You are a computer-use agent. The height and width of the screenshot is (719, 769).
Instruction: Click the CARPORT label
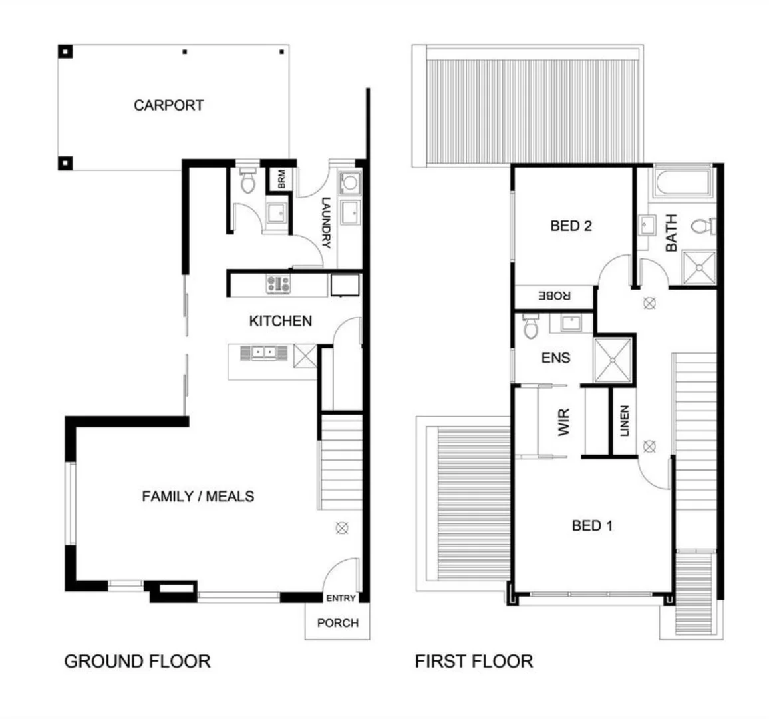pos(168,105)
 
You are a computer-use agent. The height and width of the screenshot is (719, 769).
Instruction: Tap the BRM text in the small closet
pos(281,178)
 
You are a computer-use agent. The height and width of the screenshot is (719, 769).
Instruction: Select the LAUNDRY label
pos(326,223)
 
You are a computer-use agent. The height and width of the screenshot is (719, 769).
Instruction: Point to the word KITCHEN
pos(280,321)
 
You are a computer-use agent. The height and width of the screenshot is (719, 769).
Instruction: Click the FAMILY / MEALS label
pos(198,496)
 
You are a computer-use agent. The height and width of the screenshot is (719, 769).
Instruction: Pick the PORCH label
pos(337,623)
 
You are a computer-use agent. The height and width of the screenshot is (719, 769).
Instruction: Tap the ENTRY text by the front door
pos(341,599)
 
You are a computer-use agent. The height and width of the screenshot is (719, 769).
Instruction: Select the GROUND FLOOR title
pos(137,661)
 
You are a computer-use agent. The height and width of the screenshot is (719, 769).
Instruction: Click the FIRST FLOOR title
pos(474,661)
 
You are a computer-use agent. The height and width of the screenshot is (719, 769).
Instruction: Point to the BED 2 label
pos(571,226)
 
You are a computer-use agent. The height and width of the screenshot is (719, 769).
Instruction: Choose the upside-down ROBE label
pos(555,295)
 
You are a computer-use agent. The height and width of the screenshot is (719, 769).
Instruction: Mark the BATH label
pos(671,233)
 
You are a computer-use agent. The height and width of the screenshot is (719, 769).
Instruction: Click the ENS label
pos(555,358)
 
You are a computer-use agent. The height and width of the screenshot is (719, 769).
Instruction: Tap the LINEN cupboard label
pos(624,421)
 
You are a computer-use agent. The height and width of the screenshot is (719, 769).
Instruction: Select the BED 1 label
pos(592,526)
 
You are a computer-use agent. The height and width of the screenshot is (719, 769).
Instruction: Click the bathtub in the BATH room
pos(683,184)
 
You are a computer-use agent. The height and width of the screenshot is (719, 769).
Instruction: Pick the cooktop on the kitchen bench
pos(279,284)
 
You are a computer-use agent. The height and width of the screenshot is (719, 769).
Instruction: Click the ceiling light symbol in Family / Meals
pos(341,528)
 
